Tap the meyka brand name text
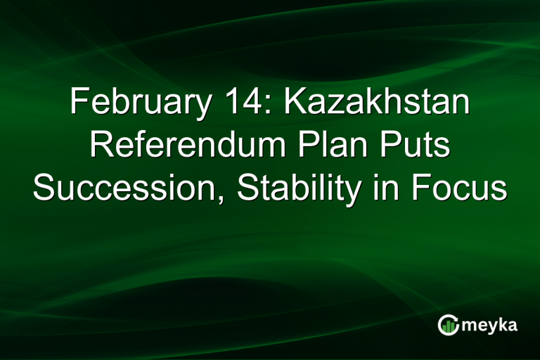pyautogui.click(x=491, y=326)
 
